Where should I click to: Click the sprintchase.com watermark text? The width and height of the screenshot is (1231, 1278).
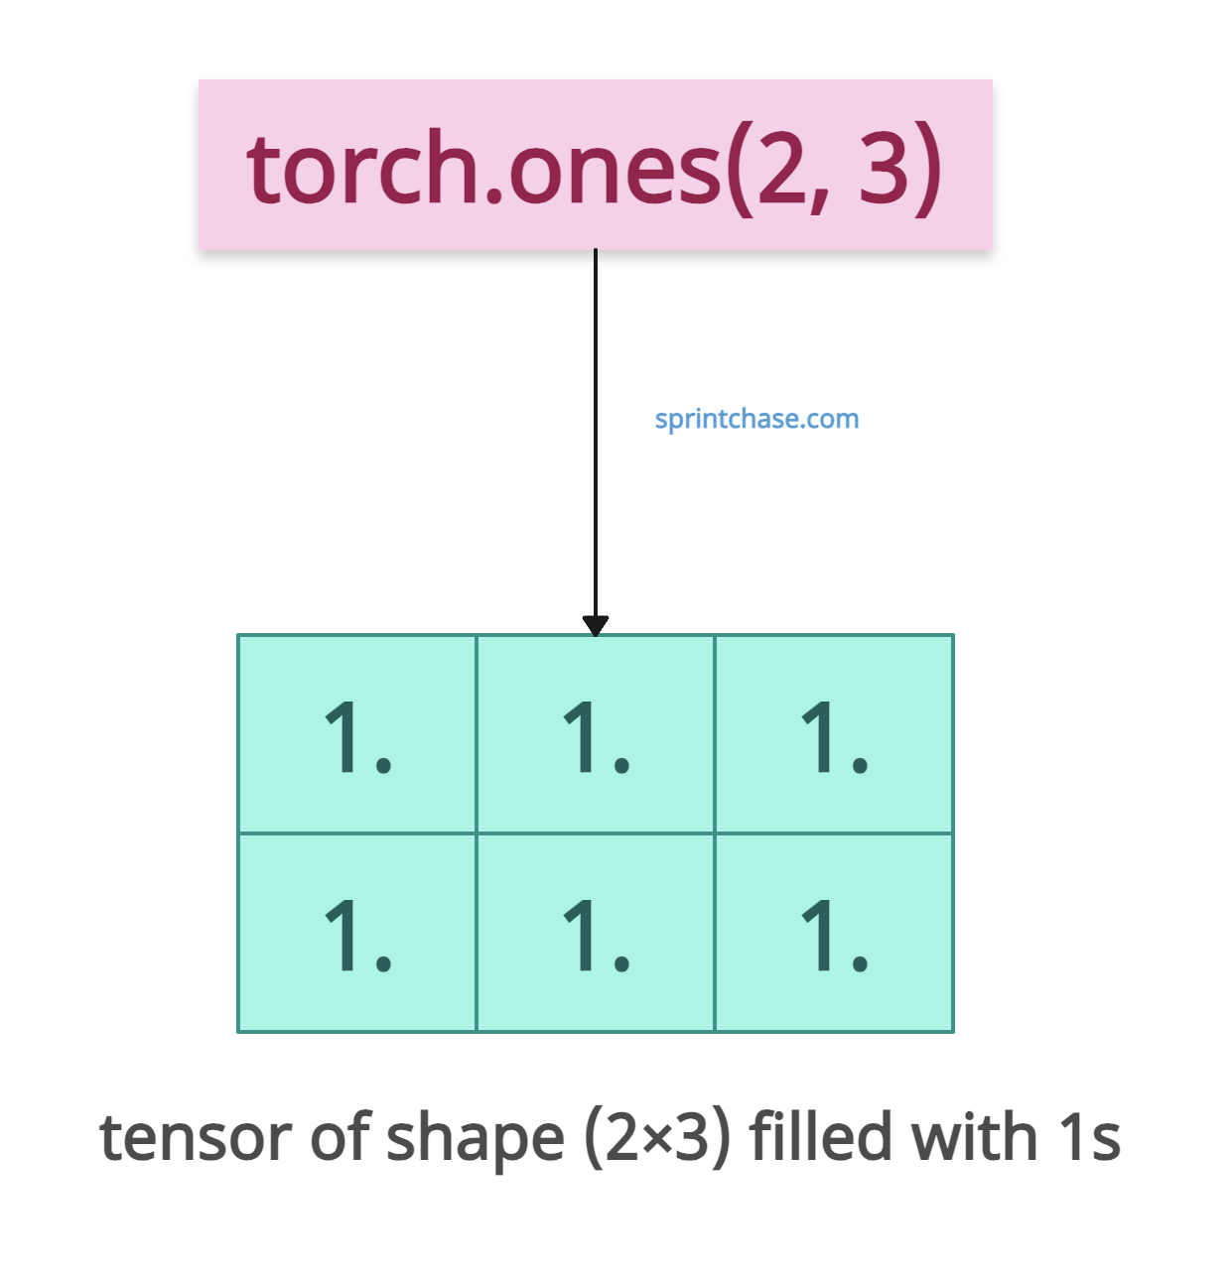pyautogui.click(x=756, y=420)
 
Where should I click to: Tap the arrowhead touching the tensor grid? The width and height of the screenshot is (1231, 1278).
pyautogui.click(x=596, y=626)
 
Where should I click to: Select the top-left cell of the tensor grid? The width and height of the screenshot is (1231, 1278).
pyautogui.click(x=356, y=734)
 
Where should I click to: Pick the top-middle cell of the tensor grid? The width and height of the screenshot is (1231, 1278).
pyautogui.click(x=596, y=734)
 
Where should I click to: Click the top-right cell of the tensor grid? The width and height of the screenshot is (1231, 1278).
pyautogui.click(x=834, y=734)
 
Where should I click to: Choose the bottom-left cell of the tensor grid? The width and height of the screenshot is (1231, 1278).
pyautogui.click(x=356, y=933)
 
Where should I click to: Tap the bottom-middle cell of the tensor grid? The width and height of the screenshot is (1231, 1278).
pyautogui.click(x=596, y=933)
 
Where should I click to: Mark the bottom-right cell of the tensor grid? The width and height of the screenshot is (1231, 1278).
pyautogui.click(x=834, y=933)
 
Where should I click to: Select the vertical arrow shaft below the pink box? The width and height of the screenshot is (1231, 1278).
pyautogui.click(x=596, y=434)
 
